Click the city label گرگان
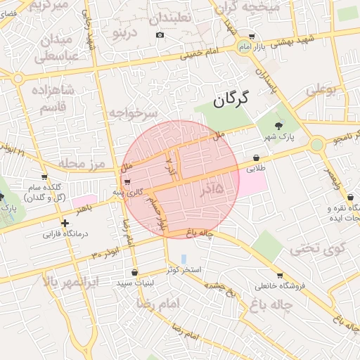click(x=231, y=100)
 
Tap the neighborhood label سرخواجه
click(x=132, y=112)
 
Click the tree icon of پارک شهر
click(x=279, y=126)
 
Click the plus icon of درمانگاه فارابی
click(x=65, y=223)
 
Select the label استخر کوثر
click(x=184, y=270)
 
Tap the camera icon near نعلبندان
click(x=160, y=35)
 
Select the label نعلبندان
click(x=179, y=17)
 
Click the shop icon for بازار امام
click(x=252, y=37)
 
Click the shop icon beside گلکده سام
click(x=44, y=176)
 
